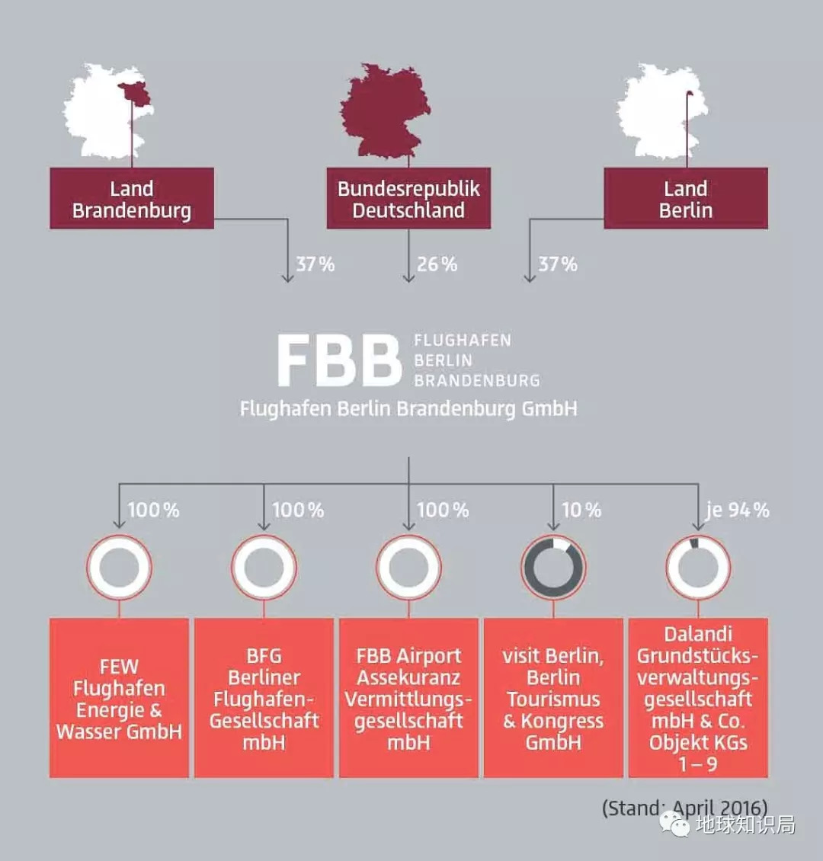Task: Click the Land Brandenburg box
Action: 132,198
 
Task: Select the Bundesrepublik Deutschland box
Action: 408,198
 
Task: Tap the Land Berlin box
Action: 686,198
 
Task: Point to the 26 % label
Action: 437,264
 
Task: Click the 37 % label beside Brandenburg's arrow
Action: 315,264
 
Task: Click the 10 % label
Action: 581,510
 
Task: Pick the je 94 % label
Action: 738,510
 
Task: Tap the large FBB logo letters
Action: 339,360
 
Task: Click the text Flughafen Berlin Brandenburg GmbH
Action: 408,409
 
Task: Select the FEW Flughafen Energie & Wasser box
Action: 119,698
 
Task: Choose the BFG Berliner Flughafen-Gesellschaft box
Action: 264,698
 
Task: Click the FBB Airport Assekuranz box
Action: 408,698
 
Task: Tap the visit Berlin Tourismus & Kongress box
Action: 553,698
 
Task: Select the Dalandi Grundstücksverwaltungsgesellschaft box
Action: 698,698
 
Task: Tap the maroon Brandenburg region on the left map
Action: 136,94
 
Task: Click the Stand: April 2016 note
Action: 684,808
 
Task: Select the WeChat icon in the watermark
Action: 674,824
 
